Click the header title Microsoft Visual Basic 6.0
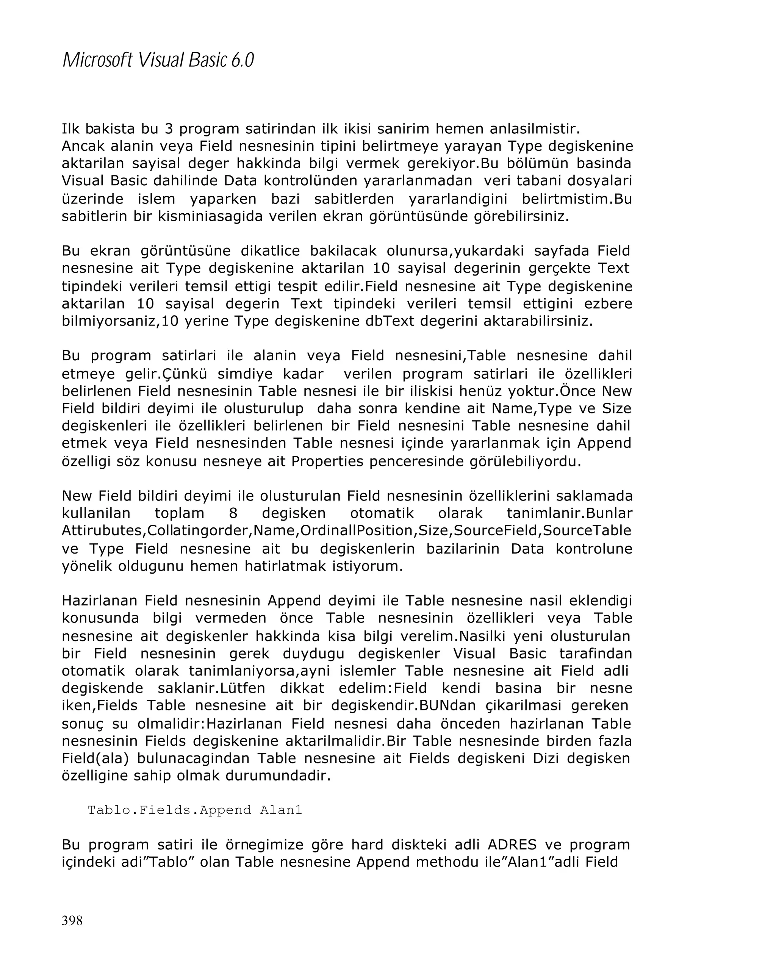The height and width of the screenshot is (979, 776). point(158,60)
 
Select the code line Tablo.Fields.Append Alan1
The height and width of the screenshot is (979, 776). point(194,810)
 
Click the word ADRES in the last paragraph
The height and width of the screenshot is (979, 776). point(512,845)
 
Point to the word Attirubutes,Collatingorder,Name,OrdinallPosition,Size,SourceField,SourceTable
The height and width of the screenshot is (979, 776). point(346,530)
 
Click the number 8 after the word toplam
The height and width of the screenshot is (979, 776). point(233,513)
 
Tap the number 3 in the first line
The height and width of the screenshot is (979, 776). point(169,129)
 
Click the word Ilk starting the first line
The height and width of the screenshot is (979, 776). point(70,129)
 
